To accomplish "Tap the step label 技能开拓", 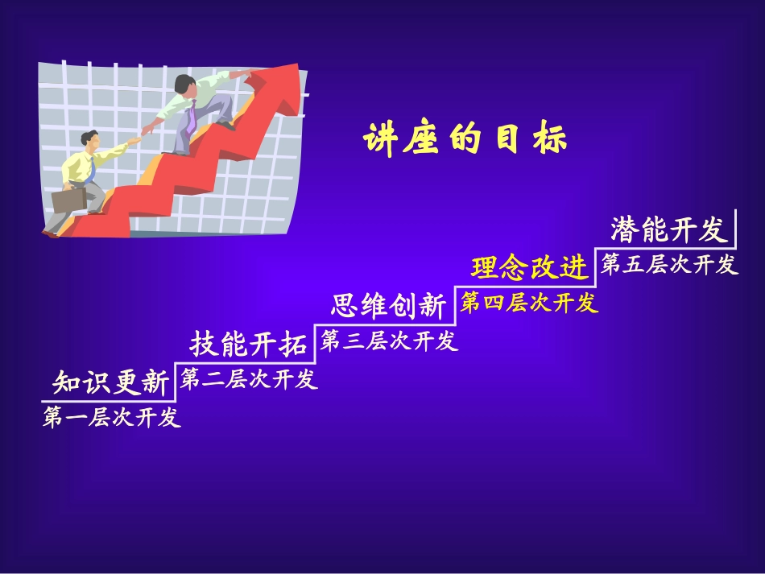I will (x=249, y=344).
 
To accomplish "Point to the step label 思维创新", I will (x=387, y=306).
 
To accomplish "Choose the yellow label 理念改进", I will (x=530, y=268).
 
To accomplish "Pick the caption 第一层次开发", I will (x=112, y=417).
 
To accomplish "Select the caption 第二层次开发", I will (x=249, y=378).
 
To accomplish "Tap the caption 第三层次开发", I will (x=389, y=341).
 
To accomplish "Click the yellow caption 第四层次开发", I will (x=529, y=303).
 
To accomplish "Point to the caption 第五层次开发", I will (x=669, y=264).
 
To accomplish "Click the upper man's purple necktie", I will (x=191, y=120).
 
